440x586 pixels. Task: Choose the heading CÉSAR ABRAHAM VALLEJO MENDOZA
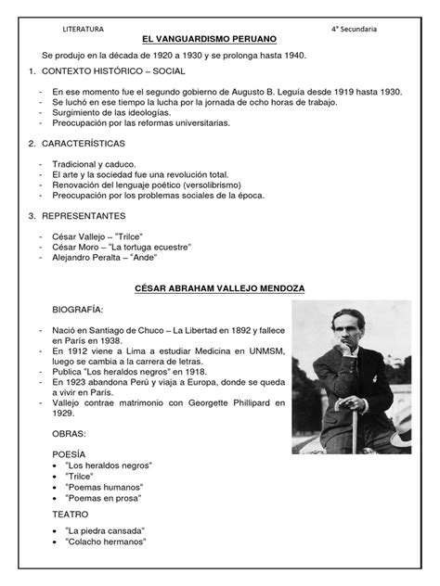click(220, 288)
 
